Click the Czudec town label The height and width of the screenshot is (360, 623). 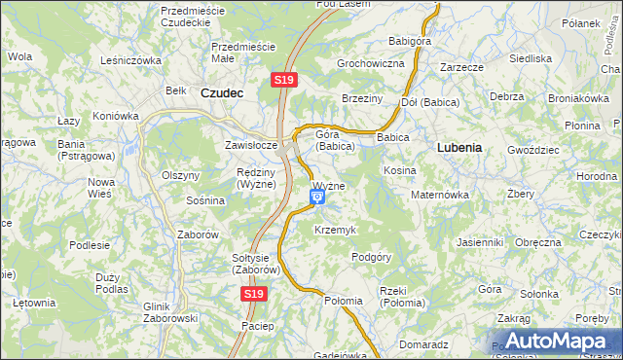point(221,93)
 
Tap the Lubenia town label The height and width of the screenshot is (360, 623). point(454,148)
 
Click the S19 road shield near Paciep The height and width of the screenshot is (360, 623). point(254,293)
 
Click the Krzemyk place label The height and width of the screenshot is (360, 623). point(335,230)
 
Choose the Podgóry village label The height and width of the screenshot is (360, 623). point(371,257)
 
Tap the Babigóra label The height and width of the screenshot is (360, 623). point(410,42)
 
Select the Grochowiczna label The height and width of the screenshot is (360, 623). point(370,63)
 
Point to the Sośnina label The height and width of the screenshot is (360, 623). point(205,200)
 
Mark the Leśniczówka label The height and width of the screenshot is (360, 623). point(130,59)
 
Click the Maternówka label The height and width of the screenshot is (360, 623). point(440,195)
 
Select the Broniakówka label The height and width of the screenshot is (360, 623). point(577,98)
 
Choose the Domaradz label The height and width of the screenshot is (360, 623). point(422,344)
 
